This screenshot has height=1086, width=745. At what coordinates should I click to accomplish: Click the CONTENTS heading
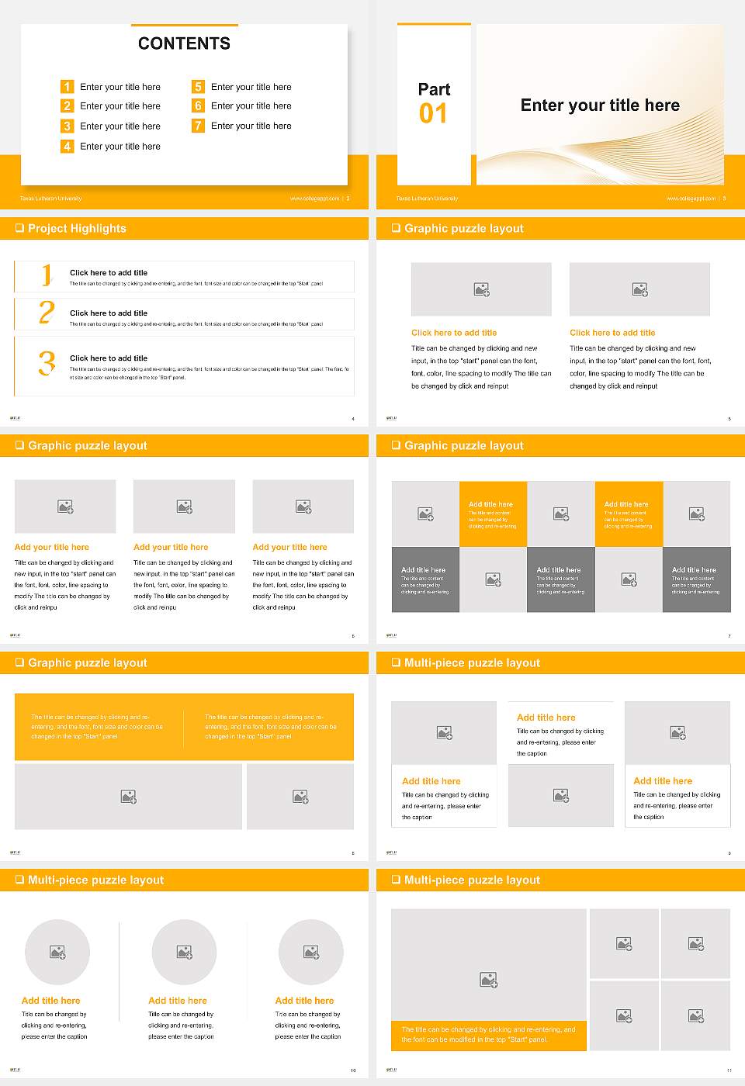click(x=184, y=43)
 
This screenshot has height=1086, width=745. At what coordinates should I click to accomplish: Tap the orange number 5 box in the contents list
click(x=198, y=87)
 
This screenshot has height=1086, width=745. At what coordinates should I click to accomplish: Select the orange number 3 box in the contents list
click(x=67, y=126)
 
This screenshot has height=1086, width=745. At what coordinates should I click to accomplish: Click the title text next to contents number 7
click(x=251, y=126)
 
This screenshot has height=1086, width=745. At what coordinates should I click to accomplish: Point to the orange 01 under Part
click(x=433, y=114)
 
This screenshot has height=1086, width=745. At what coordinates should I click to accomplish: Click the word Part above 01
click(x=434, y=89)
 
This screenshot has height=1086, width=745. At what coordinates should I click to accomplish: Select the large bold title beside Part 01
click(x=599, y=105)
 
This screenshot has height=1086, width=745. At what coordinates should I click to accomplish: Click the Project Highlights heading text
click(x=77, y=228)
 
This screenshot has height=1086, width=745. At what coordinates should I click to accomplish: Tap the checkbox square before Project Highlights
click(x=19, y=228)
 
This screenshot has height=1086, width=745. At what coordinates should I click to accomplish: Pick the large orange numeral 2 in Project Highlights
click(x=47, y=313)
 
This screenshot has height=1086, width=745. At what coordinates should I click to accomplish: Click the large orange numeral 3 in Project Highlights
click(x=47, y=363)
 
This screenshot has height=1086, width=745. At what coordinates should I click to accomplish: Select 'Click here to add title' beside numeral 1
click(x=109, y=273)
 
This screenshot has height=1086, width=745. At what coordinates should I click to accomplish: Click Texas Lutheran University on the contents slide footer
click(x=50, y=199)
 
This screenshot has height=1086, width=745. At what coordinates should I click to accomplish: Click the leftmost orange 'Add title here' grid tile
click(x=493, y=514)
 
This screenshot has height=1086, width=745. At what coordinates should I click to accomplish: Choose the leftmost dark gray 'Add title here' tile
click(x=425, y=579)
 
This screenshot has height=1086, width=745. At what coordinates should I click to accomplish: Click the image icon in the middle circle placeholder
click(x=184, y=952)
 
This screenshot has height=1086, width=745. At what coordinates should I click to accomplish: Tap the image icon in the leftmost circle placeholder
click(x=57, y=952)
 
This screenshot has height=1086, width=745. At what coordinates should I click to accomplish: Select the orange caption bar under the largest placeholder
click(x=488, y=1035)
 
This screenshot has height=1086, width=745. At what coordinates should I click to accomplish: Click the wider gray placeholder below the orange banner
click(x=129, y=797)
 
